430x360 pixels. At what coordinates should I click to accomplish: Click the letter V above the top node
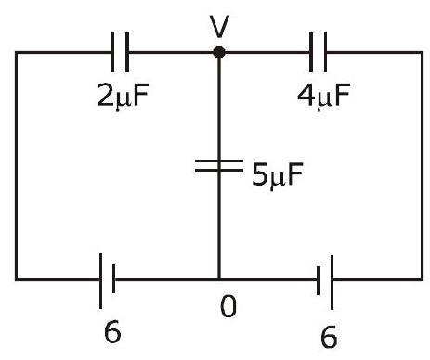pyautogui.click(x=219, y=27)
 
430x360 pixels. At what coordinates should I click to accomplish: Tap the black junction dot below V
pyautogui.click(x=219, y=52)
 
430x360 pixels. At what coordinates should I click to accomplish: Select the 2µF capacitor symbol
pyautogui.click(x=120, y=52)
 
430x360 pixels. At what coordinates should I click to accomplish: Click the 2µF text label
pyautogui.click(x=124, y=96)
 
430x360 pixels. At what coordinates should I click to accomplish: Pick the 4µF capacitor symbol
pyautogui.click(x=318, y=52)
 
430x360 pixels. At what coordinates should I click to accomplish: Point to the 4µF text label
pyautogui.click(x=324, y=96)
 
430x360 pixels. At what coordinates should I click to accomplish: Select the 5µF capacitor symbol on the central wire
pyautogui.click(x=219, y=165)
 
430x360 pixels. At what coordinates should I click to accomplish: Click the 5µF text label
pyautogui.click(x=278, y=174)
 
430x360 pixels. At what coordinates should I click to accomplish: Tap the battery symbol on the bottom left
pyautogui.click(x=107, y=281)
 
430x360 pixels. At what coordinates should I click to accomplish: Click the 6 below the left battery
pyautogui.click(x=112, y=331)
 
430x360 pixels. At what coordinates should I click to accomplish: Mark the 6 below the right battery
pyautogui.click(x=329, y=337)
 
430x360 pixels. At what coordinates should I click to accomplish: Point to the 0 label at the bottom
pyautogui.click(x=228, y=306)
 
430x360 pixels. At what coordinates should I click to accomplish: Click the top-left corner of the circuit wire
pyautogui.click(x=17, y=52)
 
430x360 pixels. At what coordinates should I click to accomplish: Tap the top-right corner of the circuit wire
pyautogui.click(x=422, y=52)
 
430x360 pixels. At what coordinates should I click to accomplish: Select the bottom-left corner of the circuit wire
pyautogui.click(x=17, y=279)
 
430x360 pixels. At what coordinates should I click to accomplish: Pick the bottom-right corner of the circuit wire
pyautogui.click(x=422, y=279)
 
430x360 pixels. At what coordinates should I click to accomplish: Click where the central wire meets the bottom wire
pyautogui.click(x=219, y=279)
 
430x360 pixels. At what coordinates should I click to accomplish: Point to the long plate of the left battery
pyautogui.click(x=100, y=281)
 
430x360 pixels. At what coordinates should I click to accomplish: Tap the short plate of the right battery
pyautogui.click(x=319, y=281)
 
